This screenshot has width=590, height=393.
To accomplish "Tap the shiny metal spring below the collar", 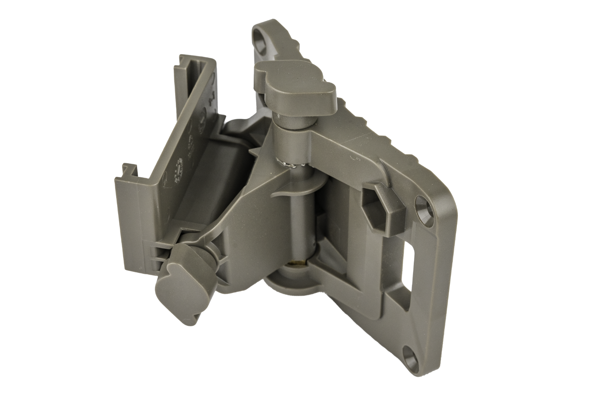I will (x=291, y=162).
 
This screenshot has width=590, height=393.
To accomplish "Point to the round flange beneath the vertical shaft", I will (x=291, y=284).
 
